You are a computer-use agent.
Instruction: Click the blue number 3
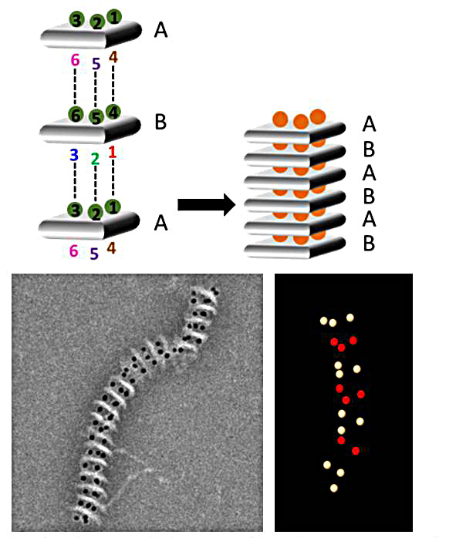click(74, 155)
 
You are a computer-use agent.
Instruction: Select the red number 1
click(113, 153)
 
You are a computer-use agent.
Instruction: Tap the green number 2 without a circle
click(95, 159)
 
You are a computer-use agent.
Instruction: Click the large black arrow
click(207, 204)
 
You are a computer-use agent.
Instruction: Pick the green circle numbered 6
click(76, 114)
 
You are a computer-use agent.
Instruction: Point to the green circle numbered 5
click(96, 117)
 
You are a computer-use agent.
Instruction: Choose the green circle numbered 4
click(113, 112)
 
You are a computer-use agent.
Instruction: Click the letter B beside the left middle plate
click(160, 122)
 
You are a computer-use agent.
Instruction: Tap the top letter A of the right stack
click(369, 124)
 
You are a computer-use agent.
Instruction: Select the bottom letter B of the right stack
click(369, 244)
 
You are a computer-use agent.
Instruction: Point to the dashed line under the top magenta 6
click(75, 86)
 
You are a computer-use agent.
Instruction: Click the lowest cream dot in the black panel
click(334, 488)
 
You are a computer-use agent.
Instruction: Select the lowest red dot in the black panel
click(356, 451)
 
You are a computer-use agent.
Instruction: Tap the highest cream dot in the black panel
click(350, 318)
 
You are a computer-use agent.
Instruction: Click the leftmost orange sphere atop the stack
click(280, 119)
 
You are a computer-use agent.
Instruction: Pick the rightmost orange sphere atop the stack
click(318, 116)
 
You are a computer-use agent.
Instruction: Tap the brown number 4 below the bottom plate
click(111, 248)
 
